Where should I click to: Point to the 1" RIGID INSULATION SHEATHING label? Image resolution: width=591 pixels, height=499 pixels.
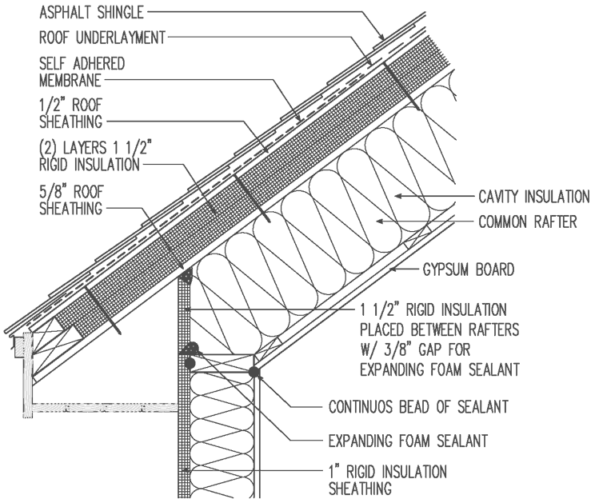388,477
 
